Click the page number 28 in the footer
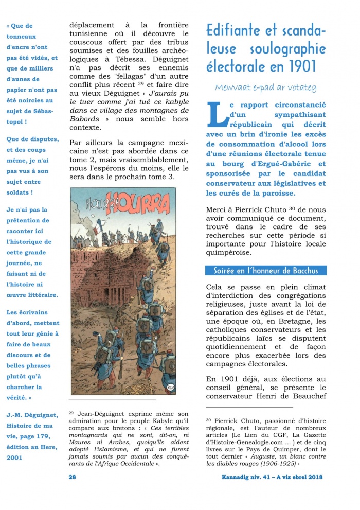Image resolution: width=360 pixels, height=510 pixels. click(73, 477)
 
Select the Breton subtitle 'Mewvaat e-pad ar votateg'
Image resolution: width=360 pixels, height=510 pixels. click(266, 88)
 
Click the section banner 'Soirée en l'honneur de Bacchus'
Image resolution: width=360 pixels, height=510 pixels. click(266, 271)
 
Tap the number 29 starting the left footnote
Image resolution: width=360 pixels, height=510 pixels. click(71, 413)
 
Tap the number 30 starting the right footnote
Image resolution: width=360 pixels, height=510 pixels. click(209, 419)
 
